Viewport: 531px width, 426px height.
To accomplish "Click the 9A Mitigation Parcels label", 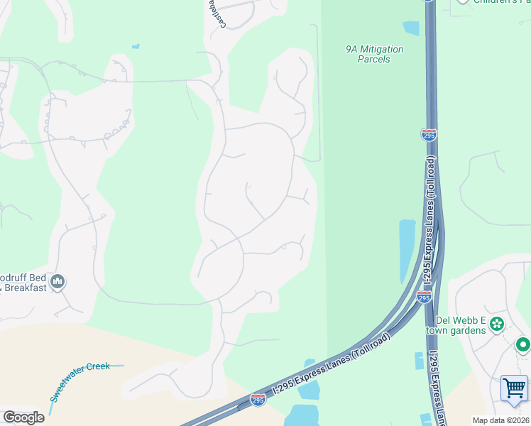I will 374,54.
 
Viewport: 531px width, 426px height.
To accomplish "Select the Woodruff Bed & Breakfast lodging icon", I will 58,282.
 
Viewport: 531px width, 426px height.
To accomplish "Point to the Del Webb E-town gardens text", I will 456,324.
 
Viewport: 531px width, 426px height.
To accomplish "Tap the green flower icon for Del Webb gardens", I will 497,324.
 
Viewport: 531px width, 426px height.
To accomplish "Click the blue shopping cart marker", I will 514,389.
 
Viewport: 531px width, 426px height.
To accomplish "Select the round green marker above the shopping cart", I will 523,346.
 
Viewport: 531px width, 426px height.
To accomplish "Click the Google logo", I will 23,417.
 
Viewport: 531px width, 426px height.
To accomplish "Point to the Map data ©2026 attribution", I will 500,420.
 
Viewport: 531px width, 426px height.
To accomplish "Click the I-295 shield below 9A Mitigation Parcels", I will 429,134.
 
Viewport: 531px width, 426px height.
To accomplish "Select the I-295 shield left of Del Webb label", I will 424,297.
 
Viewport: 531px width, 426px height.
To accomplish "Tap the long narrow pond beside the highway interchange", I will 407,249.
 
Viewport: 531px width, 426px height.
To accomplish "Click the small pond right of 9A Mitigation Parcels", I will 411,28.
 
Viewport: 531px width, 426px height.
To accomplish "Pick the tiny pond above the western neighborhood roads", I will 135,47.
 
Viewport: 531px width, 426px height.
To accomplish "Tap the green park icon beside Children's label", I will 463,1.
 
